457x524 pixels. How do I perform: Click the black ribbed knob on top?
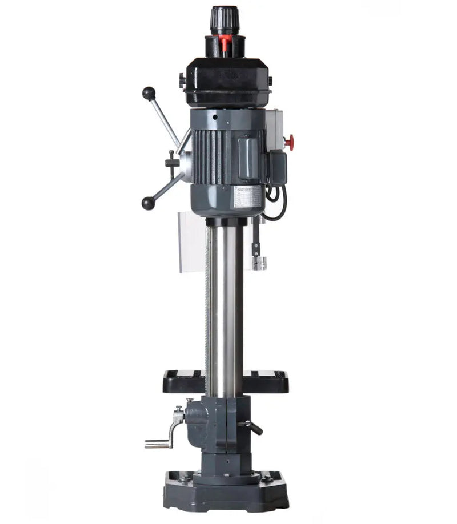(x=225, y=21)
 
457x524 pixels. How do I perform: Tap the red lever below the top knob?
(x=225, y=42)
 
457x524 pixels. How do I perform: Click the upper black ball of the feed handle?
(x=149, y=93)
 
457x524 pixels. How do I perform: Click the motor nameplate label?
(x=247, y=197)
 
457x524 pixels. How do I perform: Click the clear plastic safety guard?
(x=191, y=240)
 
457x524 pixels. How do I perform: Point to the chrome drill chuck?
(x=260, y=263)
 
